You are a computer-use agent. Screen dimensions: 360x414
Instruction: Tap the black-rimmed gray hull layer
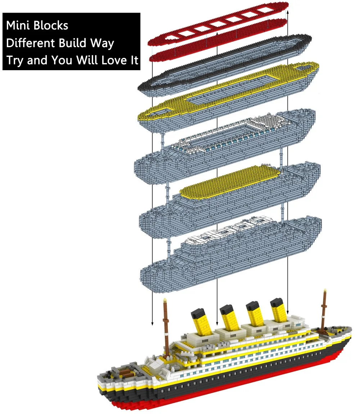click(225, 63)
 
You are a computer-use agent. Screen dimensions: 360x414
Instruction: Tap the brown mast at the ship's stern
click(166, 327)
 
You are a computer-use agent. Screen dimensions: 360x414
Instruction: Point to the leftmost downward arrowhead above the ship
click(152, 324)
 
